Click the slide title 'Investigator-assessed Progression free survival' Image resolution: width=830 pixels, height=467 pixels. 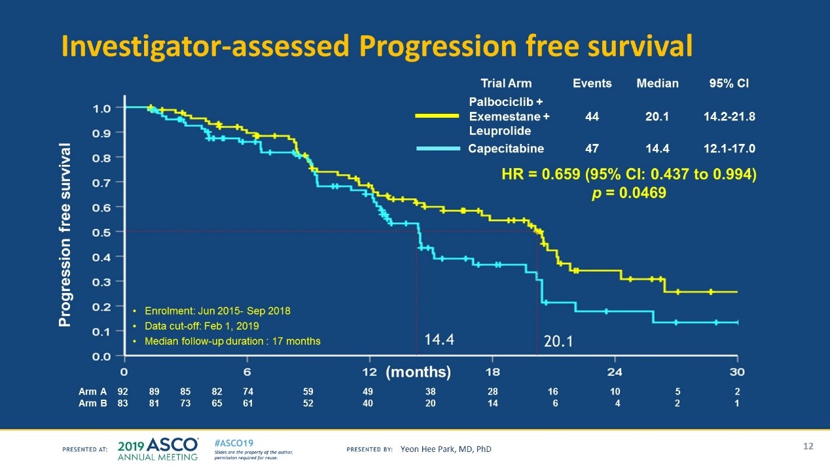376,46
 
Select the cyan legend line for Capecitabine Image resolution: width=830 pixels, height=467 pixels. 439,148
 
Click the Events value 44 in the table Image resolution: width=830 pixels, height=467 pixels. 592,116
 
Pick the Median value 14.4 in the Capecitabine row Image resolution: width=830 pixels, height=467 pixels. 657,148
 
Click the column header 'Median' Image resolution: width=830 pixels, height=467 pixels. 657,84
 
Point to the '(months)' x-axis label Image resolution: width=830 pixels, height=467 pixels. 418,373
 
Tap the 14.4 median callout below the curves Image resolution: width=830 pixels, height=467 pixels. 439,339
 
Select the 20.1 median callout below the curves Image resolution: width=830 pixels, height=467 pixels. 558,341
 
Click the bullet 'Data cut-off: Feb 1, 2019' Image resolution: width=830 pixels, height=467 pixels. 198,326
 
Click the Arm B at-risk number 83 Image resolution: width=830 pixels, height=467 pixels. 122,404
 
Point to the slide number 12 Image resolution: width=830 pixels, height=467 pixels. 808,446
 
